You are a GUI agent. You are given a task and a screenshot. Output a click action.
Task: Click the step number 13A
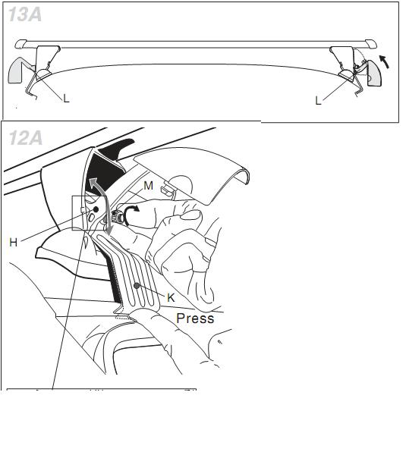25,14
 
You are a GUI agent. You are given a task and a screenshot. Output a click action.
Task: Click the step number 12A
26,137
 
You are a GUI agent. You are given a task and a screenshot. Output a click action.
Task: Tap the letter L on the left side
66,99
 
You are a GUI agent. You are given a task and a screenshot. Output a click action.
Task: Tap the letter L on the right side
318,101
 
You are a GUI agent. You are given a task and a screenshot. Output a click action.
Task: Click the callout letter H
14,242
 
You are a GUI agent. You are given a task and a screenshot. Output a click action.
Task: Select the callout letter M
149,186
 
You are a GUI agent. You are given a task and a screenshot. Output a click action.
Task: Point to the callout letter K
171,298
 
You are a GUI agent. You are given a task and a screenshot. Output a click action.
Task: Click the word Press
195,318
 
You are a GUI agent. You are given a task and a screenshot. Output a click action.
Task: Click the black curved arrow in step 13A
384,62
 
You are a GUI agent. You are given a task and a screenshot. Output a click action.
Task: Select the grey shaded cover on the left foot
15,71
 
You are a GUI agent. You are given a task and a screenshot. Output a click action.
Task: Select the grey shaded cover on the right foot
374,73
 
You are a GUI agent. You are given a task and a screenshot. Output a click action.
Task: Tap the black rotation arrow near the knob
131,214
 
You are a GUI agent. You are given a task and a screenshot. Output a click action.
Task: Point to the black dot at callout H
96,209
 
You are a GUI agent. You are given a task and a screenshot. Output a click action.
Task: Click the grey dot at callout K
137,286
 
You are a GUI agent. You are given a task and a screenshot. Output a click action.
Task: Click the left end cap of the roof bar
20,44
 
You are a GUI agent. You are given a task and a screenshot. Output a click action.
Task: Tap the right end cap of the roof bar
371,44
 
